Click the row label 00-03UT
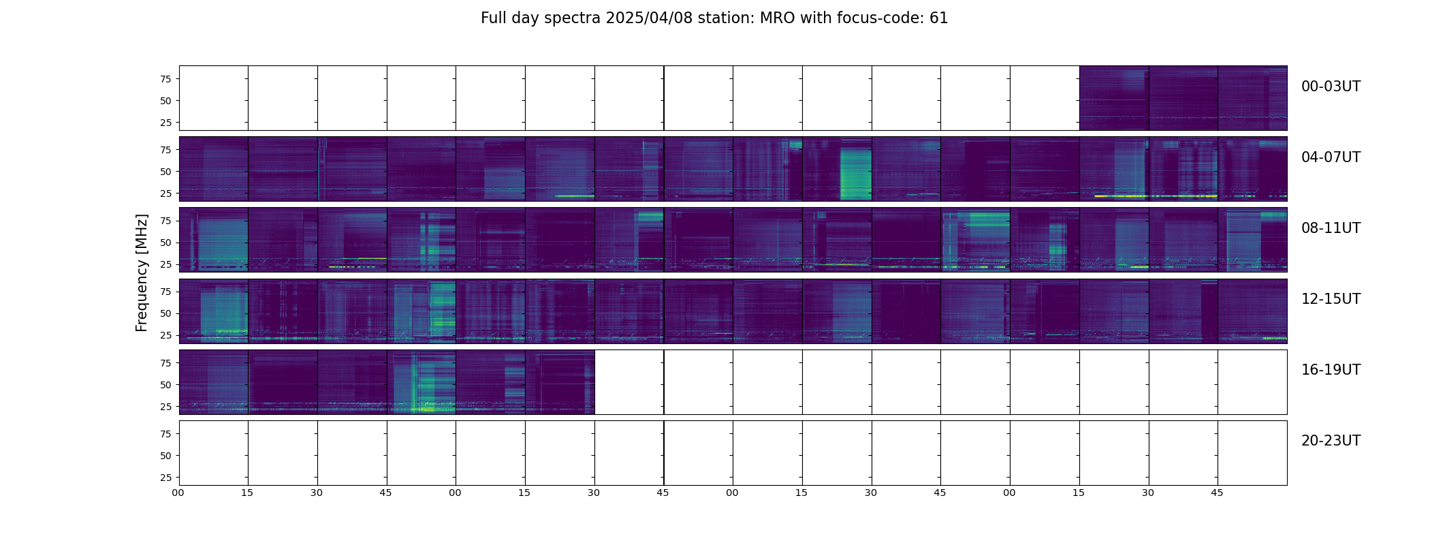[x=1331, y=87]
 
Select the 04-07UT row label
[x=1331, y=157]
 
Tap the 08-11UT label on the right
[x=1331, y=228]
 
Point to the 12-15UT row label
[x=1331, y=299]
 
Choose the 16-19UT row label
[x=1331, y=370]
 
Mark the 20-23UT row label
[x=1331, y=441]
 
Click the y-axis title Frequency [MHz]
[x=142, y=272]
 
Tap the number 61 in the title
[x=939, y=18]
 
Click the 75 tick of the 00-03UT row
[x=165, y=79]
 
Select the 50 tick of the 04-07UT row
[x=165, y=172]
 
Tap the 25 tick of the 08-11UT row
[x=165, y=264]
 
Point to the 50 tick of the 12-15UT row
[x=165, y=313]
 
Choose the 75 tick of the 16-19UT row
[x=165, y=363]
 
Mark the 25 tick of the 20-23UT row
[x=165, y=478]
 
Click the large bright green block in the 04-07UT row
[x=856, y=174]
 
